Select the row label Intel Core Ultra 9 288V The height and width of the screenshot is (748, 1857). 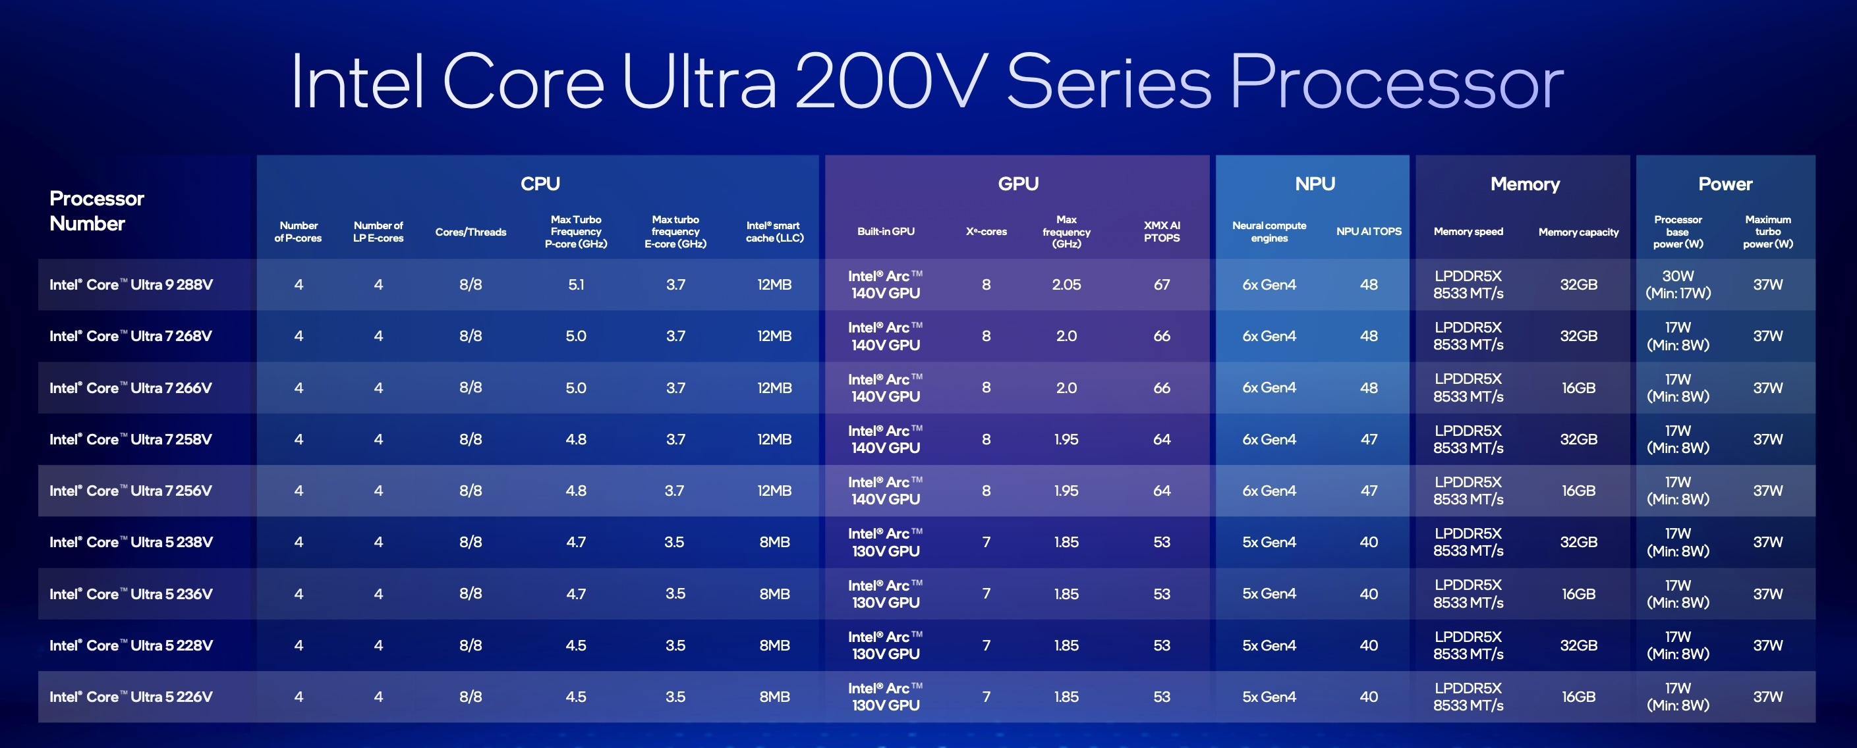tap(131, 284)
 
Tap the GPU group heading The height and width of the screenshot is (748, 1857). tap(1018, 184)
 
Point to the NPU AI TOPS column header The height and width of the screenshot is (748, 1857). tap(1368, 231)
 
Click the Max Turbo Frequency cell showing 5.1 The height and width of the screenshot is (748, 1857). tap(575, 284)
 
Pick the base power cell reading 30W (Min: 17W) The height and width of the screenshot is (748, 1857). tap(1678, 284)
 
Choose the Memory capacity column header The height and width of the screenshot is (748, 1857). tap(1578, 232)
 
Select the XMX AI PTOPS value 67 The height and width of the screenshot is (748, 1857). tap(1161, 284)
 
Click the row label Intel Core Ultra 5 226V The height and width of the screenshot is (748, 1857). tap(131, 697)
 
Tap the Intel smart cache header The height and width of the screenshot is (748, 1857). tap(774, 231)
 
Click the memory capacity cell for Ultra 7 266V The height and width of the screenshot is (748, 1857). tap(1578, 388)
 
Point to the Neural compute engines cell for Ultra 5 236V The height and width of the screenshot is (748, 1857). tap(1269, 594)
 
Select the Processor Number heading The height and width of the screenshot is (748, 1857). tap(97, 211)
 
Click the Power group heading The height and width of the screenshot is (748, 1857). tap(1725, 184)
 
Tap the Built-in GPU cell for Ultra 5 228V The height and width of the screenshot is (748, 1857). tap(885, 645)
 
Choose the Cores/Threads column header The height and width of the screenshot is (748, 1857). tap(471, 232)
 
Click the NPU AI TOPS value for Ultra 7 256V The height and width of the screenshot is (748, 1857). tap(1368, 491)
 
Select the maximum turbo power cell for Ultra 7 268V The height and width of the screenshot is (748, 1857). tap(1767, 336)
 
